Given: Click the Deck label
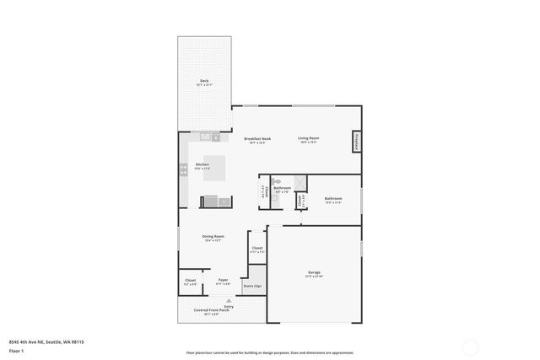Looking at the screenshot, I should tap(204, 82).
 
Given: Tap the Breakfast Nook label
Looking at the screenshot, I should tap(257, 139).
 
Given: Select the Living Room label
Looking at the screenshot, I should tap(308, 139).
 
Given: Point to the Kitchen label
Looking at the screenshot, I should tap(202, 164).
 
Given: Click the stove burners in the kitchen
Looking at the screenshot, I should tap(183, 169).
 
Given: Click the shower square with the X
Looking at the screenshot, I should tap(300, 184).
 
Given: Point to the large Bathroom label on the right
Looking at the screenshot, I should tap(333, 199).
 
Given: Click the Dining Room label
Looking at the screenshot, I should tap(213, 237).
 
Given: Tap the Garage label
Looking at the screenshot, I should tap(314, 273).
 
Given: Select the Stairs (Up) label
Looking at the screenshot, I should tap(251, 286).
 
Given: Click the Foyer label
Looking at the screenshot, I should tap(223, 281).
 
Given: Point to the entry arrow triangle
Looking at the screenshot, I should tap(229, 299).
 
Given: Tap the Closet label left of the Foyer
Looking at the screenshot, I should tap(190, 281).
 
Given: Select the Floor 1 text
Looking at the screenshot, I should tap(16, 350).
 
